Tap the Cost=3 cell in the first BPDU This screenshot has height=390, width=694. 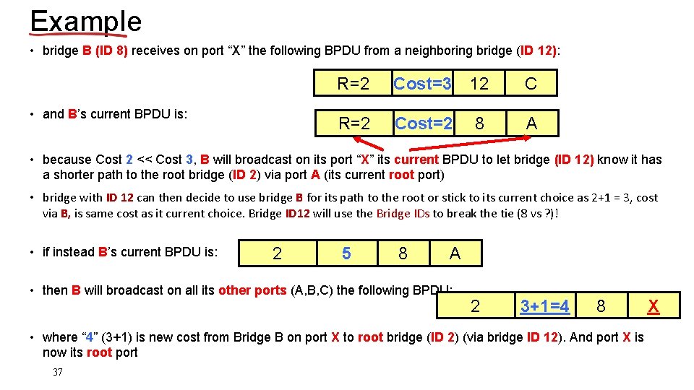coord(422,84)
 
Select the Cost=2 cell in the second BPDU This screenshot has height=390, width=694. coord(424,123)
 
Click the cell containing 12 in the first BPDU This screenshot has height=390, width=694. coord(479,84)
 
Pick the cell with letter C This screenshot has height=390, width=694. coord(531,84)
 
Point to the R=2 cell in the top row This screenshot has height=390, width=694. coord(354,84)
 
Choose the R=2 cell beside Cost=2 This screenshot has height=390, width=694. coord(354,123)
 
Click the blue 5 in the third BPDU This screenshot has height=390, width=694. coord(346,253)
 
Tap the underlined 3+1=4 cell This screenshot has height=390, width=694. coord(544,306)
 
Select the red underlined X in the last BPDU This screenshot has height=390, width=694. coord(653,306)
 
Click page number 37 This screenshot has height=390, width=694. coord(58,373)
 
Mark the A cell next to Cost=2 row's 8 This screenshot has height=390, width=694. coord(532,123)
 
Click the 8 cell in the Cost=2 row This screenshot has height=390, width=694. coord(479,123)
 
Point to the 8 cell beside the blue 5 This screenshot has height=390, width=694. coord(403,253)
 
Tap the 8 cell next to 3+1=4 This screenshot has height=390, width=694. coord(601,306)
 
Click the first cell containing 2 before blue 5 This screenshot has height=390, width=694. coord(277,253)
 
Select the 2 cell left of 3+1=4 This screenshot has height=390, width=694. coord(475,306)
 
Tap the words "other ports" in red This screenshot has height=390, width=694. coord(252,290)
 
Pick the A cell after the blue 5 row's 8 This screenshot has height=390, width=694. coord(455,253)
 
